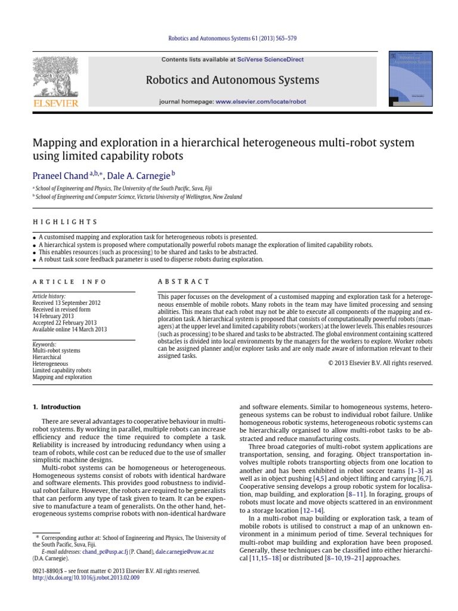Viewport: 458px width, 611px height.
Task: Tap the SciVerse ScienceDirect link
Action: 270,60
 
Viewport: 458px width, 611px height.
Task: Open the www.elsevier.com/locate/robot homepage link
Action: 261,102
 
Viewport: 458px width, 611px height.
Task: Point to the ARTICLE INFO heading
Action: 69,282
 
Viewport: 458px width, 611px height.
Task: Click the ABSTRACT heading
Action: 183,282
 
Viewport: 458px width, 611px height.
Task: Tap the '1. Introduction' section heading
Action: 56,407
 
